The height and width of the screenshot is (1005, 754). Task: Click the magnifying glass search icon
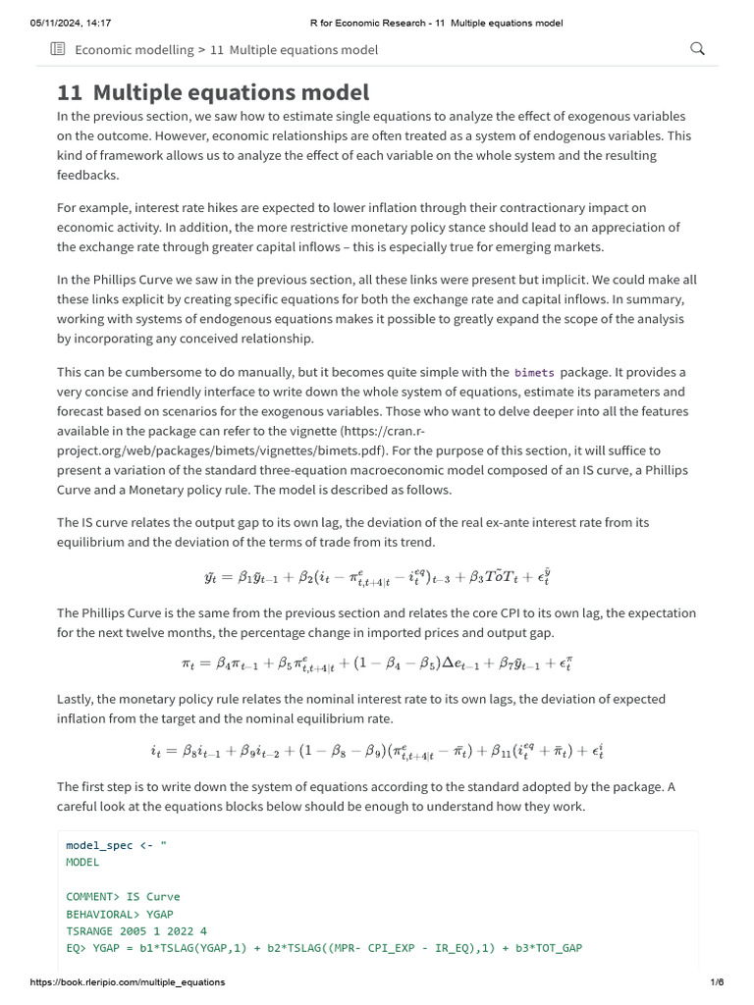pos(698,49)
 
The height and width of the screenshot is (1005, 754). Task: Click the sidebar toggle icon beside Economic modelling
pos(58,49)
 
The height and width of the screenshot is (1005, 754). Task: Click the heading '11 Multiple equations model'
pos(212,92)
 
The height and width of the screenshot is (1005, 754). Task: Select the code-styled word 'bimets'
pos(534,373)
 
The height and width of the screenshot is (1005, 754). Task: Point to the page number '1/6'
pos(717,982)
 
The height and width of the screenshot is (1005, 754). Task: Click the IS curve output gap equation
pos(377,577)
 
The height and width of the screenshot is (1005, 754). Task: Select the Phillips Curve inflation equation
pos(377,663)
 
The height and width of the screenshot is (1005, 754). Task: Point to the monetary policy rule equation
pos(377,751)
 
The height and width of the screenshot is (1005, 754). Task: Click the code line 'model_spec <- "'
pos(117,845)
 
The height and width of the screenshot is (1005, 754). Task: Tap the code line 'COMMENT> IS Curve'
pos(123,896)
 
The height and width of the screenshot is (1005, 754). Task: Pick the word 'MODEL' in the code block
pos(82,862)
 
